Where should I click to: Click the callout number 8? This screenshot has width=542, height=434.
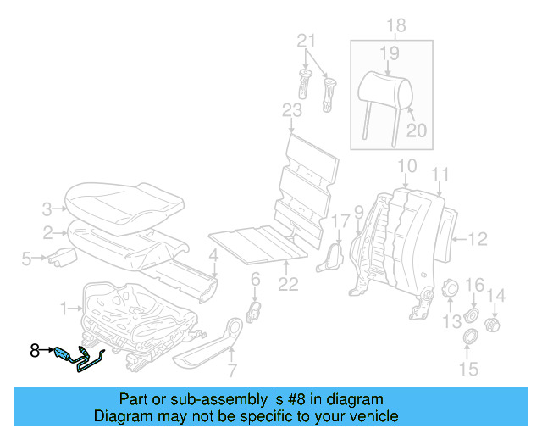(x=35, y=348)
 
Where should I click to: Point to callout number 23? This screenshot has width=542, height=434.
(x=291, y=109)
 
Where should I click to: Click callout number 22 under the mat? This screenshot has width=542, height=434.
(x=289, y=285)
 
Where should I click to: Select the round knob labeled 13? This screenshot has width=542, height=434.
(x=450, y=290)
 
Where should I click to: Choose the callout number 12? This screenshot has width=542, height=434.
(x=478, y=239)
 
